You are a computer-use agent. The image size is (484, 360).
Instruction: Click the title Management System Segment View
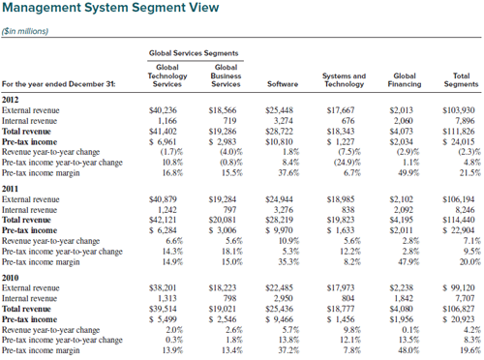[x=110, y=8]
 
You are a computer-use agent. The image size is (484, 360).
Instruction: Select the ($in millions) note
[x=25, y=31]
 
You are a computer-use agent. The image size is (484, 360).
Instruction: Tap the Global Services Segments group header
[x=194, y=53]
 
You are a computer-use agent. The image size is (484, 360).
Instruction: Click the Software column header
[x=283, y=84]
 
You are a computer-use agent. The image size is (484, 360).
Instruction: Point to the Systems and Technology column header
[x=344, y=80]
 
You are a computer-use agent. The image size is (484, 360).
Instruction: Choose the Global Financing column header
[x=405, y=80]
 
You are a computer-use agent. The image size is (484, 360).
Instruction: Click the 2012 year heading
[x=11, y=100]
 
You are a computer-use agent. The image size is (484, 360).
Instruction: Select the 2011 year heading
[x=11, y=189]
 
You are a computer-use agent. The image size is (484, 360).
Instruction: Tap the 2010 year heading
[x=11, y=278]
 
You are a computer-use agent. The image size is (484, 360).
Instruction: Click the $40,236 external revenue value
[x=163, y=110]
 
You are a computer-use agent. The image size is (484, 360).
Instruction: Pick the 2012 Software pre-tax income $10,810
[x=279, y=142]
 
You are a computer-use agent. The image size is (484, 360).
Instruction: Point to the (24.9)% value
[x=348, y=163]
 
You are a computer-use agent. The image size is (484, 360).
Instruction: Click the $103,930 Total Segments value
[x=459, y=110]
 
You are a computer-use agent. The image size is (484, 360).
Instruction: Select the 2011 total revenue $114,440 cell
[x=459, y=220]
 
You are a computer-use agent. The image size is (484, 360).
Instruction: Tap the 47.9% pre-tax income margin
[x=408, y=262]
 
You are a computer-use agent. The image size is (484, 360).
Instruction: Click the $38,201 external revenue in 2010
[x=163, y=287]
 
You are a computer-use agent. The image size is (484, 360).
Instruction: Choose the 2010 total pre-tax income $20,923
[x=459, y=319]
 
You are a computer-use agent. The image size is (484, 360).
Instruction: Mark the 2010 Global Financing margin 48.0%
[x=408, y=350]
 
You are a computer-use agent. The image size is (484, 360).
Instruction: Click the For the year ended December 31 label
[x=59, y=84]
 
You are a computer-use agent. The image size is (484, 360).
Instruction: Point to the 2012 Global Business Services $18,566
[x=223, y=110]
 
